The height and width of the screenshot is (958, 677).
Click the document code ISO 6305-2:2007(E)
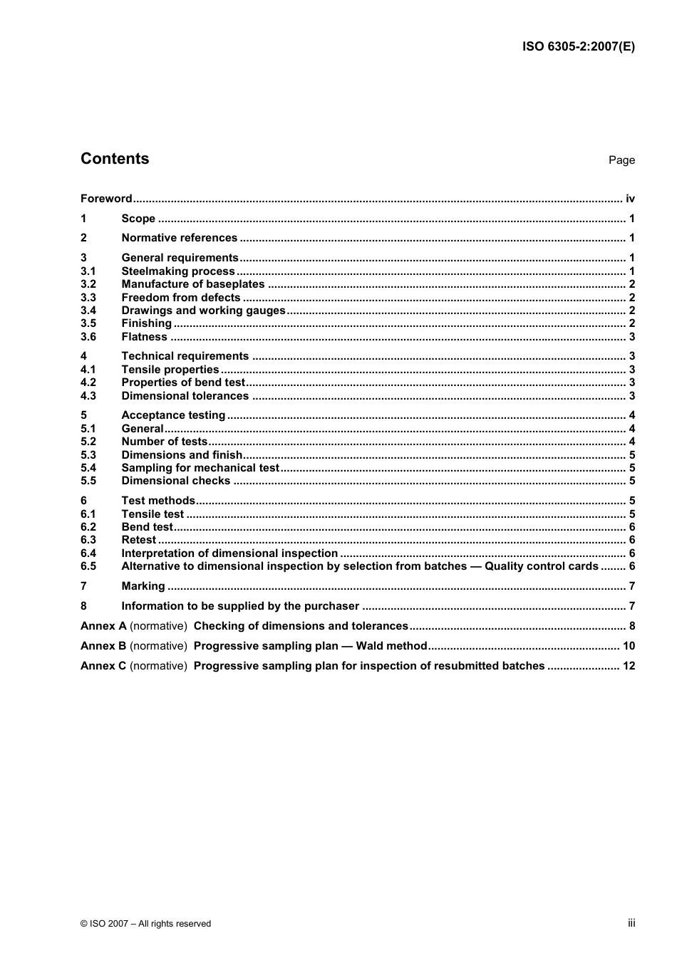coord(578,47)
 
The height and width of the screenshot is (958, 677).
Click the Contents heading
coord(115,159)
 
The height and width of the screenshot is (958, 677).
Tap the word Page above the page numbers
coord(621,160)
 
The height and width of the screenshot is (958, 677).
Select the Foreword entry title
coord(106,199)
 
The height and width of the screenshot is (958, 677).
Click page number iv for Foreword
coord(630,199)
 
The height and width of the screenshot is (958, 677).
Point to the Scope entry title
coord(138,219)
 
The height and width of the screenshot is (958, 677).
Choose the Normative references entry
coord(179,238)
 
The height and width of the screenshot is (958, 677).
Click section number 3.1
coord(88,271)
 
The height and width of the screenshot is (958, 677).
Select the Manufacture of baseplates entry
coord(192,284)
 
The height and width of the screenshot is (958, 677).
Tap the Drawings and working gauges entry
coord(203,311)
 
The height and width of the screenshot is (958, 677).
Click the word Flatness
coord(144,337)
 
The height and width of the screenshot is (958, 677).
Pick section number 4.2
coord(88,382)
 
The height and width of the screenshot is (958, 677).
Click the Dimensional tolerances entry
coord(185,396)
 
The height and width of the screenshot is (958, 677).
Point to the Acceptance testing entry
coord(173,415)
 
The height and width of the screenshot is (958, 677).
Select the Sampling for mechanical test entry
coord(200,468)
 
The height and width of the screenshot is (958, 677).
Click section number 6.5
coord(88,566)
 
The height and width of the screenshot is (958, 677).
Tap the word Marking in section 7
coord(143,586)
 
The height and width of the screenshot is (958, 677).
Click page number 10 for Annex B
coord(629,646)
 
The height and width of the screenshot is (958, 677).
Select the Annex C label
coord(103,666)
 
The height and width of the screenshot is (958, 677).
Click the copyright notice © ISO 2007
coord(145,924)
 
